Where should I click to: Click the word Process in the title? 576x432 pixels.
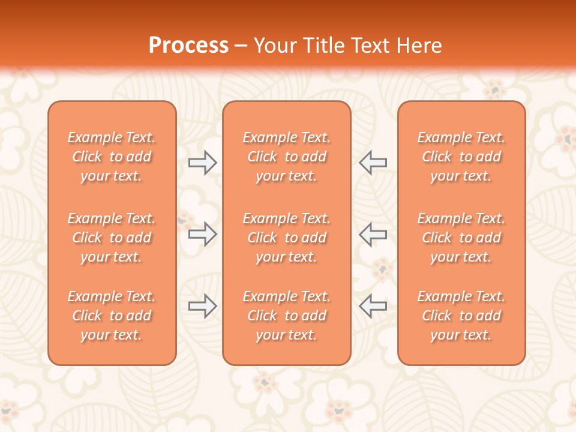pos(188,46)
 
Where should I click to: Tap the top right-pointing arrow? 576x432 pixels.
pos(202,163)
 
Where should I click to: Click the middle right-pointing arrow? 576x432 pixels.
pos(202,234)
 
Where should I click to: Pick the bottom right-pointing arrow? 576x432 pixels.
pos(202,306)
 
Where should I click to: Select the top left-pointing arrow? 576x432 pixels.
pos(373,163)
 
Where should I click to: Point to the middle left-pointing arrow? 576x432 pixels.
pos(373,234)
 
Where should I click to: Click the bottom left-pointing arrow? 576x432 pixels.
pos(373,306)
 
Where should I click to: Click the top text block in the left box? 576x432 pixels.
pos(112,157)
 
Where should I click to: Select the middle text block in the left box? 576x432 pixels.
pos(112,238)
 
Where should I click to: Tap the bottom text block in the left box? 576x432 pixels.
pos(112,316)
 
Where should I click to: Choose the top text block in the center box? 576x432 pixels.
pos(287,157)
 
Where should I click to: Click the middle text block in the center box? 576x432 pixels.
pos(287,238)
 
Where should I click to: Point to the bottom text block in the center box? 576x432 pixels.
pos(287,316)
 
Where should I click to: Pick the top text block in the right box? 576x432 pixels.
pos(461,157)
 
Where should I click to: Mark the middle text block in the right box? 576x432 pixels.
pos(461,238)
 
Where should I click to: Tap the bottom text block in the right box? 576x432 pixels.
pos(461,316)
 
